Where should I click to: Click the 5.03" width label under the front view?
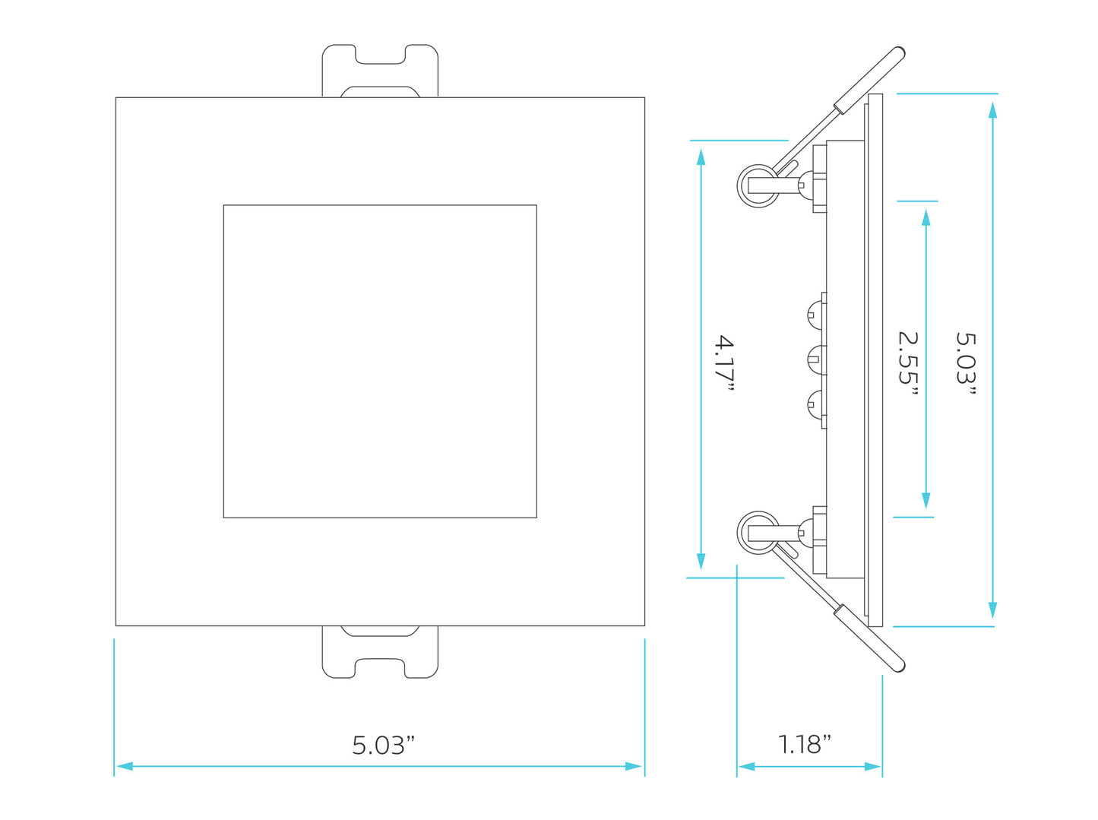pyautogui.click(x=383, y=745)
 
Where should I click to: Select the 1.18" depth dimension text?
pyautogui.click(x=804, y=744)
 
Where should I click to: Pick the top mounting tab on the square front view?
pyautogui.click(x=380, y=70)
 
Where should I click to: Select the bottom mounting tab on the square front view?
pyautogui.click(x=380, y=652)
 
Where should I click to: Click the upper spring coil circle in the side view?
pyautogui.click(x=758, y=185)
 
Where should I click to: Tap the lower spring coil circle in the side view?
pyautogui.click(x=758, y=531)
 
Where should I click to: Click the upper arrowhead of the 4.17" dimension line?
pyautogui.click(x=701, y=157)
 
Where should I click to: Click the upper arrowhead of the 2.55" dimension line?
pyautogui.click(x=926, y=217)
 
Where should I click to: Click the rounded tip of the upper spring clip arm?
pyautogui.click(x=898, y=53)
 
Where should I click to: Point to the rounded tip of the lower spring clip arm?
pyautogui.click(x=898, y=666)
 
